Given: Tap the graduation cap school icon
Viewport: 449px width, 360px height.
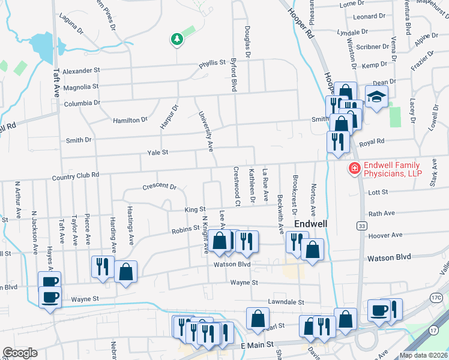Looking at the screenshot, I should (377, 97).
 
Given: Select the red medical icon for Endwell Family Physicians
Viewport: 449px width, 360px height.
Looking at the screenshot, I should (355, 169).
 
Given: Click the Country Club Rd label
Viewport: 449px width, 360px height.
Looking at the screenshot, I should (75, 177).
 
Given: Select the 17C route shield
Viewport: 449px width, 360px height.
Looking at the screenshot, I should (436, 298).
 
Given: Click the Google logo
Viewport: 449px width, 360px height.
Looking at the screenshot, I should (19, 353).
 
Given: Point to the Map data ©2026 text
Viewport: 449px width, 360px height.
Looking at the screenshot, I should (423, 355).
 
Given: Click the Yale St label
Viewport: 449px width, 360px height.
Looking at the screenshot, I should (157, 153).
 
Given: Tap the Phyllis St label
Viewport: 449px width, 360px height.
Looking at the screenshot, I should (212, 62).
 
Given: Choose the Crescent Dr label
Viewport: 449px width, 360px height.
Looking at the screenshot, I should (159, 187).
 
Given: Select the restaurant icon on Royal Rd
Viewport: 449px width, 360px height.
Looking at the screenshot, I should (338, 142).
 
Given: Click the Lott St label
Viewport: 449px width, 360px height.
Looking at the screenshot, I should (378, 193).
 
